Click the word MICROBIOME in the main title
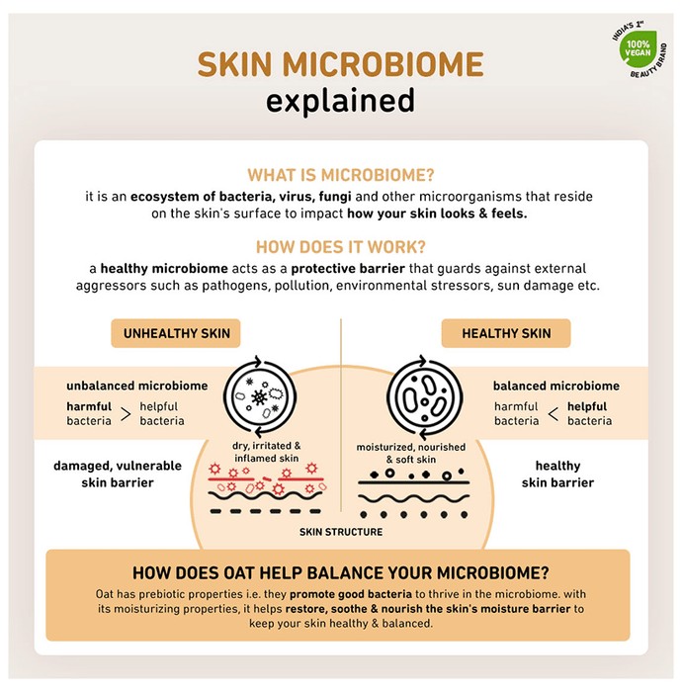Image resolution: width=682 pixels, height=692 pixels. [x=383, y=65]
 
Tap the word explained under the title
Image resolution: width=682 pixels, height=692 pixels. [x=340, y=101]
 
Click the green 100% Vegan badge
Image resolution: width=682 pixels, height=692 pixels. [x=638, y=48]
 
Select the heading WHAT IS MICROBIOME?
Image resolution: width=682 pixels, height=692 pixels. [x=341, y=175]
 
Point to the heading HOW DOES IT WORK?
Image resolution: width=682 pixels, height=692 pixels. [x=341, y=247]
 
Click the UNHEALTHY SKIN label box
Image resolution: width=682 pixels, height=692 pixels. [x=176, y=333]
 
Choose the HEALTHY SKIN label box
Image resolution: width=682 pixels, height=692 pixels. [x=506, y=333]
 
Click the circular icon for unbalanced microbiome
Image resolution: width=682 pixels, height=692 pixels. [x=260, y=396]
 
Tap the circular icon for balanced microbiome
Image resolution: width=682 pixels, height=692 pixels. [x=424, y=396]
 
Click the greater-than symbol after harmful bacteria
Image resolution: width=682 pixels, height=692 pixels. [x=126, y=414]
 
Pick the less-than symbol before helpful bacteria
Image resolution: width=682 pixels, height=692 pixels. [x=554, y=414]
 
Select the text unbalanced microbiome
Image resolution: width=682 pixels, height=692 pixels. [x=137, y=386]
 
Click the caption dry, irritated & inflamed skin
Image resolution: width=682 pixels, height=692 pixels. [x=267, y=452]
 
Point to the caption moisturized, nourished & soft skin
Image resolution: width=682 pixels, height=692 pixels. [x=411, y=453]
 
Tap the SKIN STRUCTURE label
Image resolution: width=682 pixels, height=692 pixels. [x=341, y=532]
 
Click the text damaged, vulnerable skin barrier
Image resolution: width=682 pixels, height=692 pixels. [x=118, y=474]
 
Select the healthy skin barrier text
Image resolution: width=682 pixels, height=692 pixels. [x=557, y=474]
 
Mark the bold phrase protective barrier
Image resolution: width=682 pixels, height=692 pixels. [x=348, y=268]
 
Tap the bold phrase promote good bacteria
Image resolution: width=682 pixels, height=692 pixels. [x=351, y=594]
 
